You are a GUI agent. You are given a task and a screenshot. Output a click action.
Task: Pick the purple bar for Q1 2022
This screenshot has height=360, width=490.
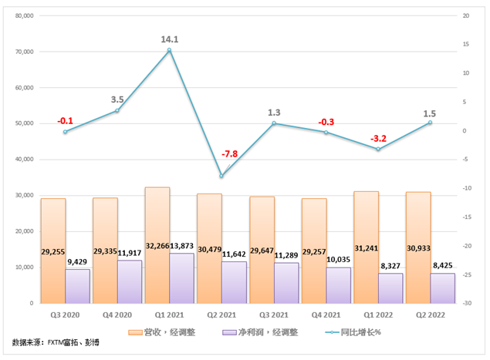click(x=390, y=290)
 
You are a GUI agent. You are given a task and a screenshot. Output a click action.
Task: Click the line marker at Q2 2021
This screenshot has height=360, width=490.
click(x=221, y=177)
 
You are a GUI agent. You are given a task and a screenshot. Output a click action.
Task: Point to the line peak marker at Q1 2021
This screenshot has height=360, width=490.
click(x=169, y=50)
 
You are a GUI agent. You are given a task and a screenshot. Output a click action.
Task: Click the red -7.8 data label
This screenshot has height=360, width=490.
click(x=229, y=154)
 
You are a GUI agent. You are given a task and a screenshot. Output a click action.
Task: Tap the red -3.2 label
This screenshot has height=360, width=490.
click(x=379, y=139)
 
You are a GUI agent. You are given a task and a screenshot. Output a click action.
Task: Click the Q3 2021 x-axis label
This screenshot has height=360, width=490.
click(x=274, y=315)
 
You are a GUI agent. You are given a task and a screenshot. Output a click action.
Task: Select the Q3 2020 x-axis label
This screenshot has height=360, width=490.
click(x=65, y=315)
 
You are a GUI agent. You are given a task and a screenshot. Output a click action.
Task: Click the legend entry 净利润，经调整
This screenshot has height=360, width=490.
click(x=259, y=331)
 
